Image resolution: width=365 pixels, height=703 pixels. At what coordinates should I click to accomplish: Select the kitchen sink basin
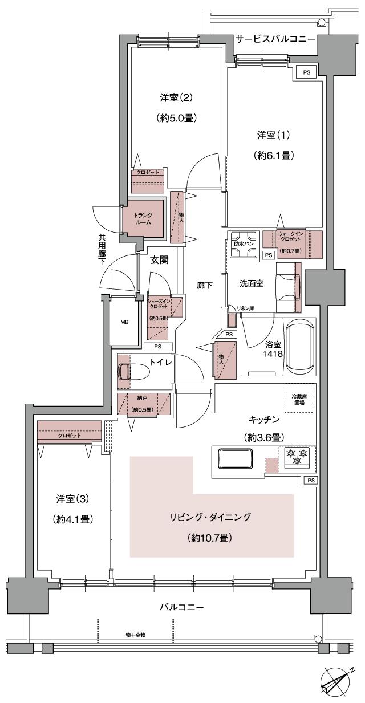pos(235,458)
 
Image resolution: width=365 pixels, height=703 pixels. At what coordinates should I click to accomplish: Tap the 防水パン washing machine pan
pos(244,242)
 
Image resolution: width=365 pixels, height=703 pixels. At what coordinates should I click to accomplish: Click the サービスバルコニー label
pos(275,39)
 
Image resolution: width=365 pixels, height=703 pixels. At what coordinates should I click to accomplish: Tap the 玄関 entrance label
pos(159,261)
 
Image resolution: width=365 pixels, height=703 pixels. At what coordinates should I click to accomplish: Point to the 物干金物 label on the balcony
pos(135,635)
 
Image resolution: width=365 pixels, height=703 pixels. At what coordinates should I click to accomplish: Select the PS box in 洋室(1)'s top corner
pos(307,72)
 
